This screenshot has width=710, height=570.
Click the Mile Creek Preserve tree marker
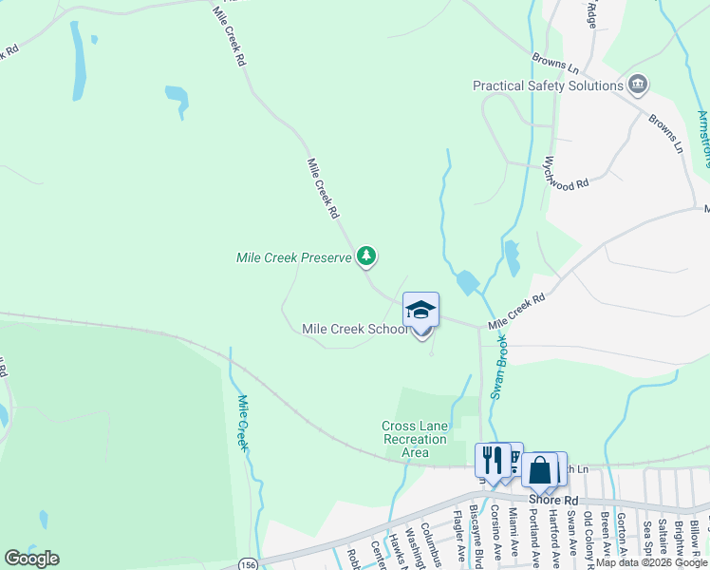pyautogui.click(x=366, y=256)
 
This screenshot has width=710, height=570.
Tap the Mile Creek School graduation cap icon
pyautogui.click(x=421, y=310)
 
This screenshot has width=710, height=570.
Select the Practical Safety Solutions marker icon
pyautogui.click(x=638, y=85)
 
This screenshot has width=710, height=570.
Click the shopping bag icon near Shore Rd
pyautogui.click(x=539, y=469)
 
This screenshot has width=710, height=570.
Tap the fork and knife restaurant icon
pyautogui.click(x=492, y=460)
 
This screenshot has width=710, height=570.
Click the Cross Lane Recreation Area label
pyautogui.click(x=414, y=439)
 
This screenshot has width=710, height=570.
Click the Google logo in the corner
pyautogui.click(x=31, y=559)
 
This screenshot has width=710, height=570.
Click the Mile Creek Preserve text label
pyautogui.click(x=293, y=257)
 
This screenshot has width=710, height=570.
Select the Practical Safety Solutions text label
pyautogui.click(x=548, y=85)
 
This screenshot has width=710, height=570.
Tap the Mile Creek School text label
pyautogui.click(x=355, y=329)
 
